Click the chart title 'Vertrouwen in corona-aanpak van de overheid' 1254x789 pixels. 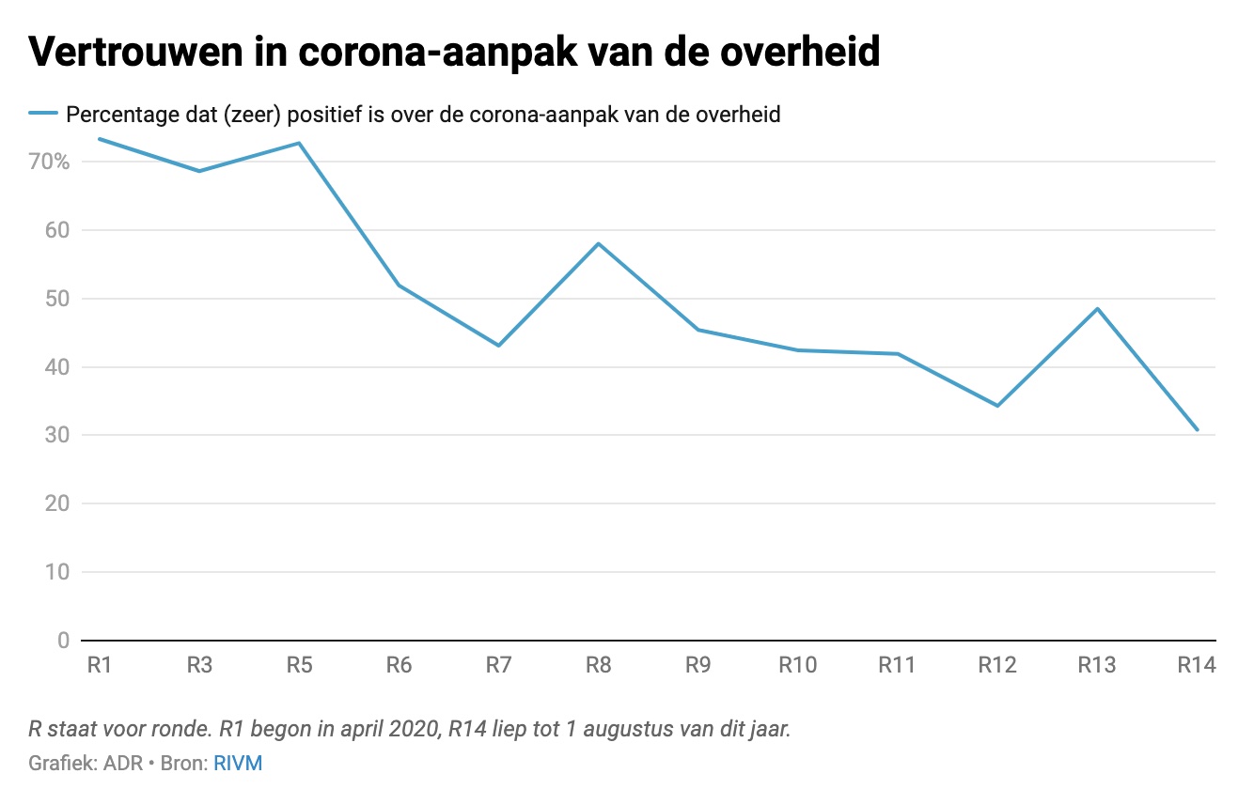(x=454, y=53)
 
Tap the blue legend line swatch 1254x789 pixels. (x=43, y=115)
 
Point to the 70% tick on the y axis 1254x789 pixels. (x=49, y=162)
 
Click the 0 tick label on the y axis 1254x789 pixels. (x=64, y=641)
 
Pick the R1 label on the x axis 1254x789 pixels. (x=100, y=666)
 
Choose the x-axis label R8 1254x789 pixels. (x=598, y=666)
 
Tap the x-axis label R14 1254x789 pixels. (x=1196, y=666)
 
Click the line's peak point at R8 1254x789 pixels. (x=598, y=243)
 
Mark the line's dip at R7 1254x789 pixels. (x=498, y=346)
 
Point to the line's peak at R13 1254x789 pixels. (x=1097, y=308)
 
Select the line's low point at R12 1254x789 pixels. (x=997, y=406)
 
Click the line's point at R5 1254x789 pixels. (x=299, y=143)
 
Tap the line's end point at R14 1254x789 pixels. (x=1197, y=429)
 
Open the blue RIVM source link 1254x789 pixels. (x=238, y=763)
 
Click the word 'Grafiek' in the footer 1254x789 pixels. (x=59, y=763)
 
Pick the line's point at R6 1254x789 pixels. (x=399, y=285)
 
